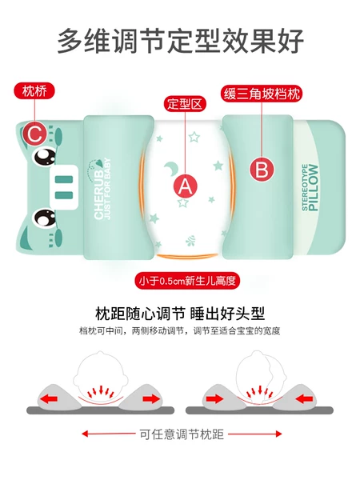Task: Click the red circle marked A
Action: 185,187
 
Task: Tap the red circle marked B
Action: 261,170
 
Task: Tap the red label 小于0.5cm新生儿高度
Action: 187,282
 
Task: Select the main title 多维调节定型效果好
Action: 180,41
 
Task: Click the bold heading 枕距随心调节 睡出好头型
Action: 180,313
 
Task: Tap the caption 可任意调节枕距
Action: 180,434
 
